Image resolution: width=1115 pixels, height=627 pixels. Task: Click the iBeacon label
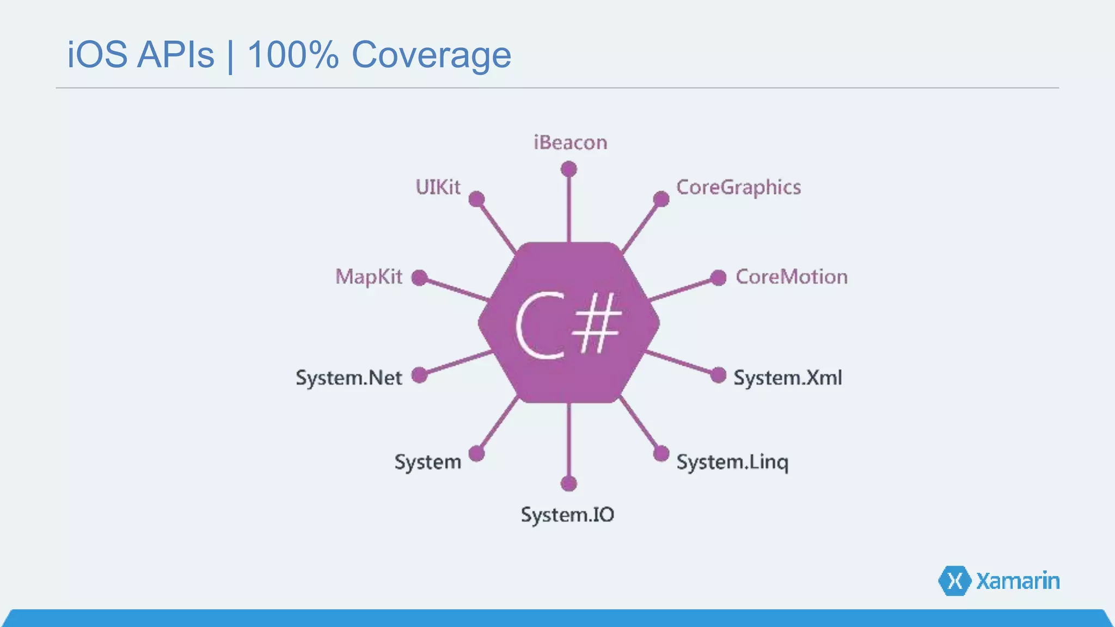point(570,143)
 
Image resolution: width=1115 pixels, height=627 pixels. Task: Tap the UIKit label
point(438,187)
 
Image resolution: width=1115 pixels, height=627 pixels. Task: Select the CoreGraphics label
point(738,187)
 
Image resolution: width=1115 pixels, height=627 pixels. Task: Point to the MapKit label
point(369,277)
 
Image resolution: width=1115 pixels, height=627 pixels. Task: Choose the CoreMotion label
point(792,277)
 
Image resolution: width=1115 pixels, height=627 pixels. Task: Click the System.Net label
point(349,378)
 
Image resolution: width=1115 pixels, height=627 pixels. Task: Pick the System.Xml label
point(787,378)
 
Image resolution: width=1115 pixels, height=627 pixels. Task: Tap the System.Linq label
point(732,462)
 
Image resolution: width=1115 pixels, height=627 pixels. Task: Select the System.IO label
point(567,515)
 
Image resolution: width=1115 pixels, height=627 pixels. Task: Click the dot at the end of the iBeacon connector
point(569,169)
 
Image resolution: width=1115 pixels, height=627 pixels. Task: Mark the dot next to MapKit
point(419,278)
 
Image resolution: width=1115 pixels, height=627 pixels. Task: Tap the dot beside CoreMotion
point(719,278)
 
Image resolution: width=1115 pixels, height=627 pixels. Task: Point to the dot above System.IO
point(569,483)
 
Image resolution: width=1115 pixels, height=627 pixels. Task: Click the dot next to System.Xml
point(719,375)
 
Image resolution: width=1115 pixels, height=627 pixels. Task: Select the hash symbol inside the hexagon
point(597,323)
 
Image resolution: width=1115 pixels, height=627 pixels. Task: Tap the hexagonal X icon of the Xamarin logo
point(954,581)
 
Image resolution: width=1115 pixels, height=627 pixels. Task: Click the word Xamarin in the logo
point(1018,581)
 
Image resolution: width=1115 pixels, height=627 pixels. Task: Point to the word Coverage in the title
point(431,55)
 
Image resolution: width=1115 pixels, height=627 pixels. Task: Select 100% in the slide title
point(293,55)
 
